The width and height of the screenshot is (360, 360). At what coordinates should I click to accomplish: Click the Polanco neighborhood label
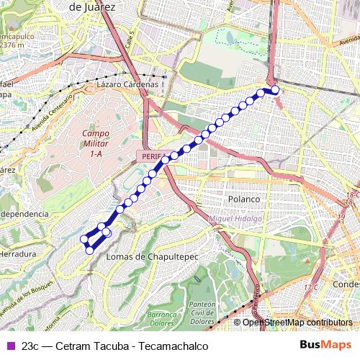tap(243, 198)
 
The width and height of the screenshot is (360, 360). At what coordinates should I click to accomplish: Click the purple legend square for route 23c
tap(9, 346)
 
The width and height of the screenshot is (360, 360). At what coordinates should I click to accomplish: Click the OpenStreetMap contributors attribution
tap(297, 323)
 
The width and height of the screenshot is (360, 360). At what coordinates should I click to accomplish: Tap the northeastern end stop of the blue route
tap(274, 90)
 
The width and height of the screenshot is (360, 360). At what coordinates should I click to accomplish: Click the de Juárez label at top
tap(92, 6)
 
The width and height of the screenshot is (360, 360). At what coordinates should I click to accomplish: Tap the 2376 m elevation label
tap(12, 44)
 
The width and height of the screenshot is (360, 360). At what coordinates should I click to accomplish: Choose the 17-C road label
tap(310, 287)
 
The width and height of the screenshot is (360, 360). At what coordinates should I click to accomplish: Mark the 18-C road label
tap(351, 195)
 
